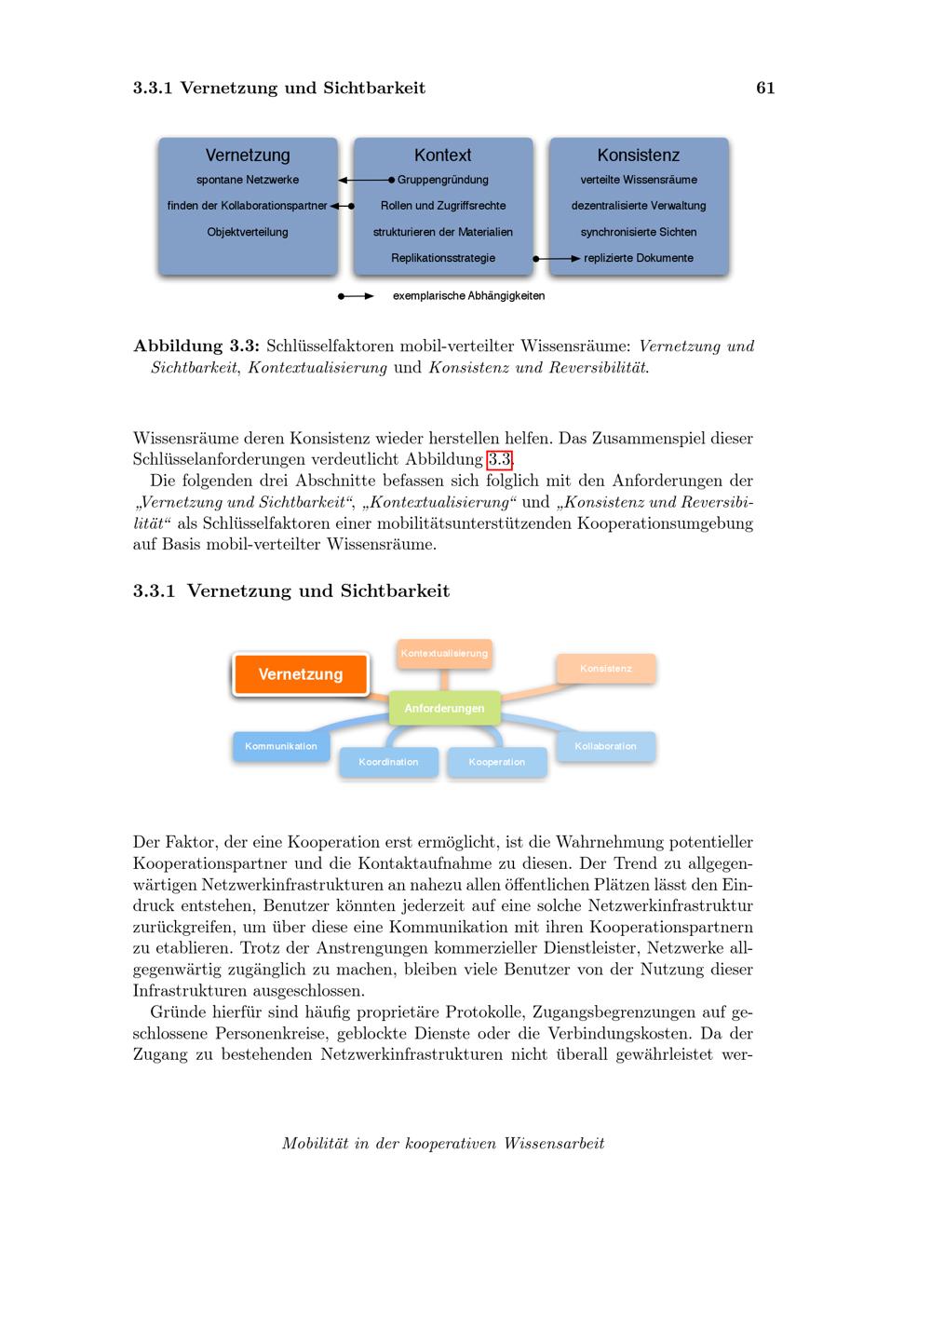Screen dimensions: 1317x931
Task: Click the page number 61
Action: (x=765, y=88)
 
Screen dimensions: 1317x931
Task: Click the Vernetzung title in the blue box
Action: (x=248, y=156)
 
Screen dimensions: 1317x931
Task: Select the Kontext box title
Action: (x=443, y=156)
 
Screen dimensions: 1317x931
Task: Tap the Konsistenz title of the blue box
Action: (x=639, y=156)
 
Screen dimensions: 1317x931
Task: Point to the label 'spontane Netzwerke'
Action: (x=248, y=180)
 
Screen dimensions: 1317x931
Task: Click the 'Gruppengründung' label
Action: (x=443, y=180)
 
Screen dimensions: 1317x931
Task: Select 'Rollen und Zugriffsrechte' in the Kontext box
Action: (x=443, y=206)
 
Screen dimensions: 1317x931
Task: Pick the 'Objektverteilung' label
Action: (x=248, y=232)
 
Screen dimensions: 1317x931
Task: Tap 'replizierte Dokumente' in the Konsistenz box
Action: (x=639, y=258)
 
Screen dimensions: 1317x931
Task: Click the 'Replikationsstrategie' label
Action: (x=443, y=258)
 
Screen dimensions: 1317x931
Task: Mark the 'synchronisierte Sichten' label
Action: (x=639, y=232)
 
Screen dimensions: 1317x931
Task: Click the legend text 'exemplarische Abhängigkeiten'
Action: (x=468, y=296)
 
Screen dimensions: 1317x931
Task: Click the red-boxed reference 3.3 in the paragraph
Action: (x=500, y=459)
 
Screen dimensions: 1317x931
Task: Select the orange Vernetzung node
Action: (x=301, y=674)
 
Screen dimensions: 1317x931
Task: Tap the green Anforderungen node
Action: (x=444, y=709)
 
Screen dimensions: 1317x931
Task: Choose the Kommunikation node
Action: (x=281, y=746)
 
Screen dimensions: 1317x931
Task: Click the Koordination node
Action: (x=388, y=762)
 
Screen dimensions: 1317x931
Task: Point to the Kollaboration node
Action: (x=605, y=746)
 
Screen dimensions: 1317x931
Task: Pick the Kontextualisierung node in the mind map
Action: (x=444, y=654)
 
